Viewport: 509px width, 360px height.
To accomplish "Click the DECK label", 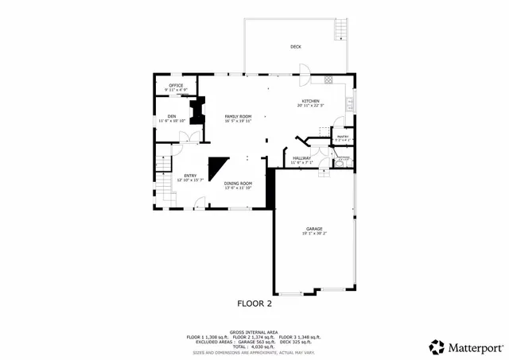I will click(296, 47).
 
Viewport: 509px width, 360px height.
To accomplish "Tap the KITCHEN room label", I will click(310, 101).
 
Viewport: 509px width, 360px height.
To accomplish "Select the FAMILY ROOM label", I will click(238, 117).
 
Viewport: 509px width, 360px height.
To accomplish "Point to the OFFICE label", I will click(176, 85).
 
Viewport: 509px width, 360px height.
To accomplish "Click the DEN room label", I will click(172, 116).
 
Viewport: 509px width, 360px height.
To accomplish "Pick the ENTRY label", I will click(190, 176).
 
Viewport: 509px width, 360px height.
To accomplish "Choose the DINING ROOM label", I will click(238, 184).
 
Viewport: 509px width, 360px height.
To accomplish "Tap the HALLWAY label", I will click(301, 159).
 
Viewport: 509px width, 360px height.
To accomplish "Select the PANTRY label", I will click(344, 137).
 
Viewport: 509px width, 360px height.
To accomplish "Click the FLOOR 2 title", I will click(254, 303).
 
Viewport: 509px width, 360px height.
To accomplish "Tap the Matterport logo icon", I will click(437, 346).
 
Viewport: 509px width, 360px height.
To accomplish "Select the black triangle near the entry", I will click(217, 168).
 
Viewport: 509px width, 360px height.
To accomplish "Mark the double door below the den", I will click(188, 137).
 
